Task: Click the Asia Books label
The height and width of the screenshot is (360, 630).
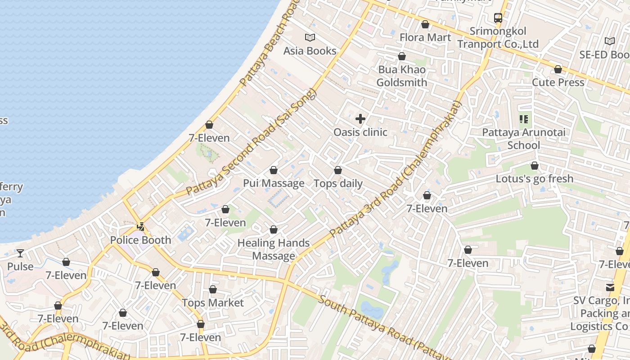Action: [x=310, y=51]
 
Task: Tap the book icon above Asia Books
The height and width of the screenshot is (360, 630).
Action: [x=310, y=37]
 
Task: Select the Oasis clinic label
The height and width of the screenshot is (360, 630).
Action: [x=360, y=132]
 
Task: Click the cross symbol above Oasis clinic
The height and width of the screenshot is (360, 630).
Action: [x=360, y=119]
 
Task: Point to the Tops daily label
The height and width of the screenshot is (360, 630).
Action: [x=338, y=184]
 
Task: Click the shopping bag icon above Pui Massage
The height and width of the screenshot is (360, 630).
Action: [x=273, y=171]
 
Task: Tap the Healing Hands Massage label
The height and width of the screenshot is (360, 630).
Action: [x=273, y=249]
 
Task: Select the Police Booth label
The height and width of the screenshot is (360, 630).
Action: [x=140, y=240]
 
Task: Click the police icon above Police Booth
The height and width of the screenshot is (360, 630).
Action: [x=141, y=227]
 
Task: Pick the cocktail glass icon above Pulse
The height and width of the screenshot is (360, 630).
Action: [x=20, y=253]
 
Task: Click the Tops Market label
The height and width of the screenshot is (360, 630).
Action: [x=212, y=303]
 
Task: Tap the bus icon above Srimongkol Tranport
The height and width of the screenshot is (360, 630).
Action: [x=498, y=18]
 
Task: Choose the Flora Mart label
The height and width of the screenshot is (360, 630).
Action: [x=425, y=37]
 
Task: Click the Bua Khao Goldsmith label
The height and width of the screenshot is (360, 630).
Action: [x=401, y=76]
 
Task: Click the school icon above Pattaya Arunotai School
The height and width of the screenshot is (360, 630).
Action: [x=523, y=119]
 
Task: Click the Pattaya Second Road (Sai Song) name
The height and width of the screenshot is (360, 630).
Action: [x=252, y=142]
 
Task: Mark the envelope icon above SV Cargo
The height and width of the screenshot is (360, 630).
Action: [x=610, y=287]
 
